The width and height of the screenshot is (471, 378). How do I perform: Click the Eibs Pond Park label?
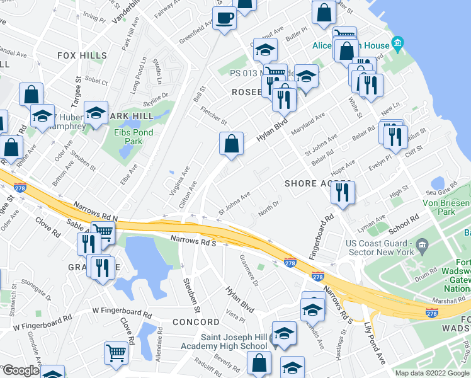[x=125, y=136]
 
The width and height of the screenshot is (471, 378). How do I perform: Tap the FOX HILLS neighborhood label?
[x=82, y=55]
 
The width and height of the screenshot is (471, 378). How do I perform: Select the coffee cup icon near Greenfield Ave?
[x=225, y=18]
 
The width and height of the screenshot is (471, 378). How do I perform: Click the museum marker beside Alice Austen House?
[x=397, y=44]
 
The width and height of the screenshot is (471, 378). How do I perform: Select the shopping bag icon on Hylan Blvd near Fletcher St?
[x=232, y=144]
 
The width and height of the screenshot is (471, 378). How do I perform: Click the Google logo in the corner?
[x=21, y=370]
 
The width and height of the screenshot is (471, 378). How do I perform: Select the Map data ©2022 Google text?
[x=432, y=373]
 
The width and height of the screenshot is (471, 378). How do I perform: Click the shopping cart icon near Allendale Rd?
[x=116, y=353]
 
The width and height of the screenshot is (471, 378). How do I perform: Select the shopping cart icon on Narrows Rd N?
[x=102, y=232]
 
